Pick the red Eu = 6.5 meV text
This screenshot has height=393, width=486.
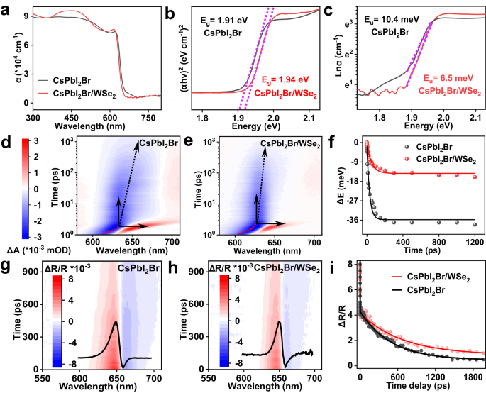[x=446, y=80]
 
